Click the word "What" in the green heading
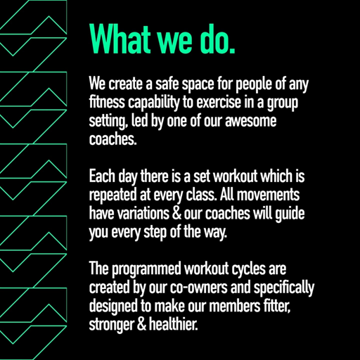[x=120, y=39]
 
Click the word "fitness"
[x=107, y=102]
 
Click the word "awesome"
[x=251, y=121]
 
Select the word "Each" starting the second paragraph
[x=102, y=176]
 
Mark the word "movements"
[x=268, y=195]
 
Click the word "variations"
[x=143, y=213]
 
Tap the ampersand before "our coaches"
[x=176, y=213]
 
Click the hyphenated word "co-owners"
[x=199, y=288]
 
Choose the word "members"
[x=235, y=306]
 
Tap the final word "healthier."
[x=173, y=324]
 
